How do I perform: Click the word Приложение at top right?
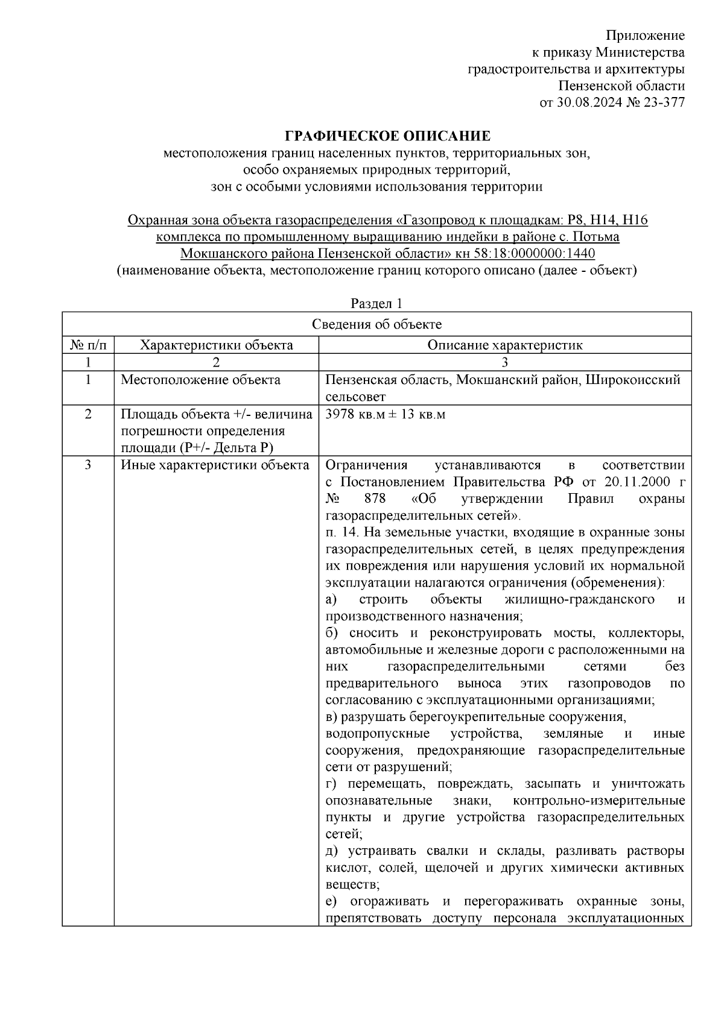click(x=645, y=35)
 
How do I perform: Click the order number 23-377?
click(x=665, y=102)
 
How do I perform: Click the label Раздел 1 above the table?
click(x=376, y=303)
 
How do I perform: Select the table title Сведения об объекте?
click(x=376, y=324)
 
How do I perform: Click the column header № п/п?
click(x=88, y=345)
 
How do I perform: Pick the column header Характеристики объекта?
click(x=216, y=345)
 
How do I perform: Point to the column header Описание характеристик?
click(x=505, y=345)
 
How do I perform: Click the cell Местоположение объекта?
click(x=200, y=380)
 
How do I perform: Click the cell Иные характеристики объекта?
click(x=215, y=465)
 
